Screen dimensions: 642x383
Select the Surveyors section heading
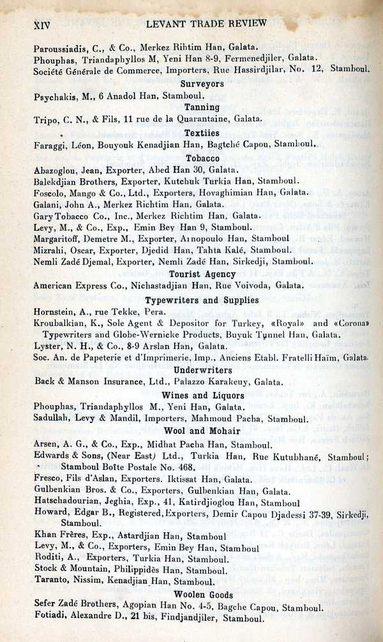coord(202,84)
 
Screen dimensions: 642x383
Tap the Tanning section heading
coord(202,107)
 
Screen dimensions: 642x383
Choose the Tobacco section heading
coord(202,158)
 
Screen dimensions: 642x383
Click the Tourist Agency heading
coord(202,274)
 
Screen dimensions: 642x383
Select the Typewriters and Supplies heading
coord(202,300)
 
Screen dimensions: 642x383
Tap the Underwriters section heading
coord(202,370)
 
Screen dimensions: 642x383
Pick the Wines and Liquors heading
coord(202,396)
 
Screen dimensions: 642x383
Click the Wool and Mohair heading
coord(202,431)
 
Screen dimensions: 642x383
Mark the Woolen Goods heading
coord(202,595)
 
